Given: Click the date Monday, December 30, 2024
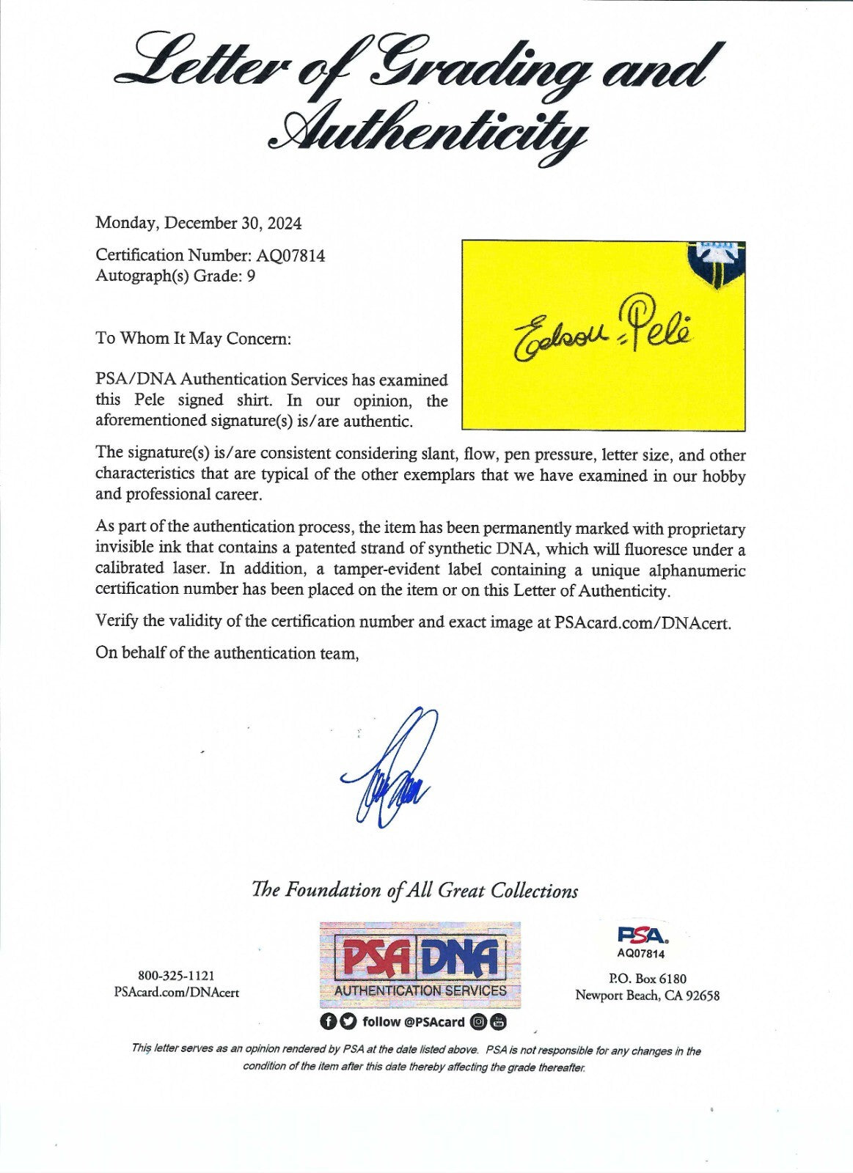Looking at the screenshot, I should coord(198,223).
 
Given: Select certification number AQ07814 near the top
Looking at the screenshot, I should coord(290,256).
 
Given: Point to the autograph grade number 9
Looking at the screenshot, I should coord(251,276).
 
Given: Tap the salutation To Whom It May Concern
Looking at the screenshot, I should coord(193,339).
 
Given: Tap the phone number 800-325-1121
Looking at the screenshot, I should coord(176,976).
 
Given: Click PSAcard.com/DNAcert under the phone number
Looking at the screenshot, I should coord(176,993).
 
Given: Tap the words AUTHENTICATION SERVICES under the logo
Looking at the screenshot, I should coord(420,990).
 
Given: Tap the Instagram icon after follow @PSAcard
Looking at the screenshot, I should coord(478,1022).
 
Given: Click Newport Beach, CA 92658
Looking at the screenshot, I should coord(647,996).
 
